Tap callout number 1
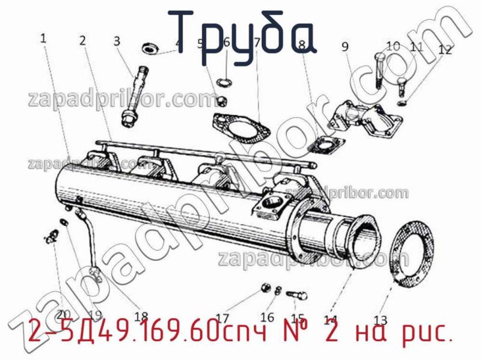pos(43,38)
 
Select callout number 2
pos(82,41)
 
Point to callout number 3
pos(117,41)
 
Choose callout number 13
pos(381,319)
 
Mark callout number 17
pos(222,318)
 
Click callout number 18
pos(141,317)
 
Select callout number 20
pos(64,314)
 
